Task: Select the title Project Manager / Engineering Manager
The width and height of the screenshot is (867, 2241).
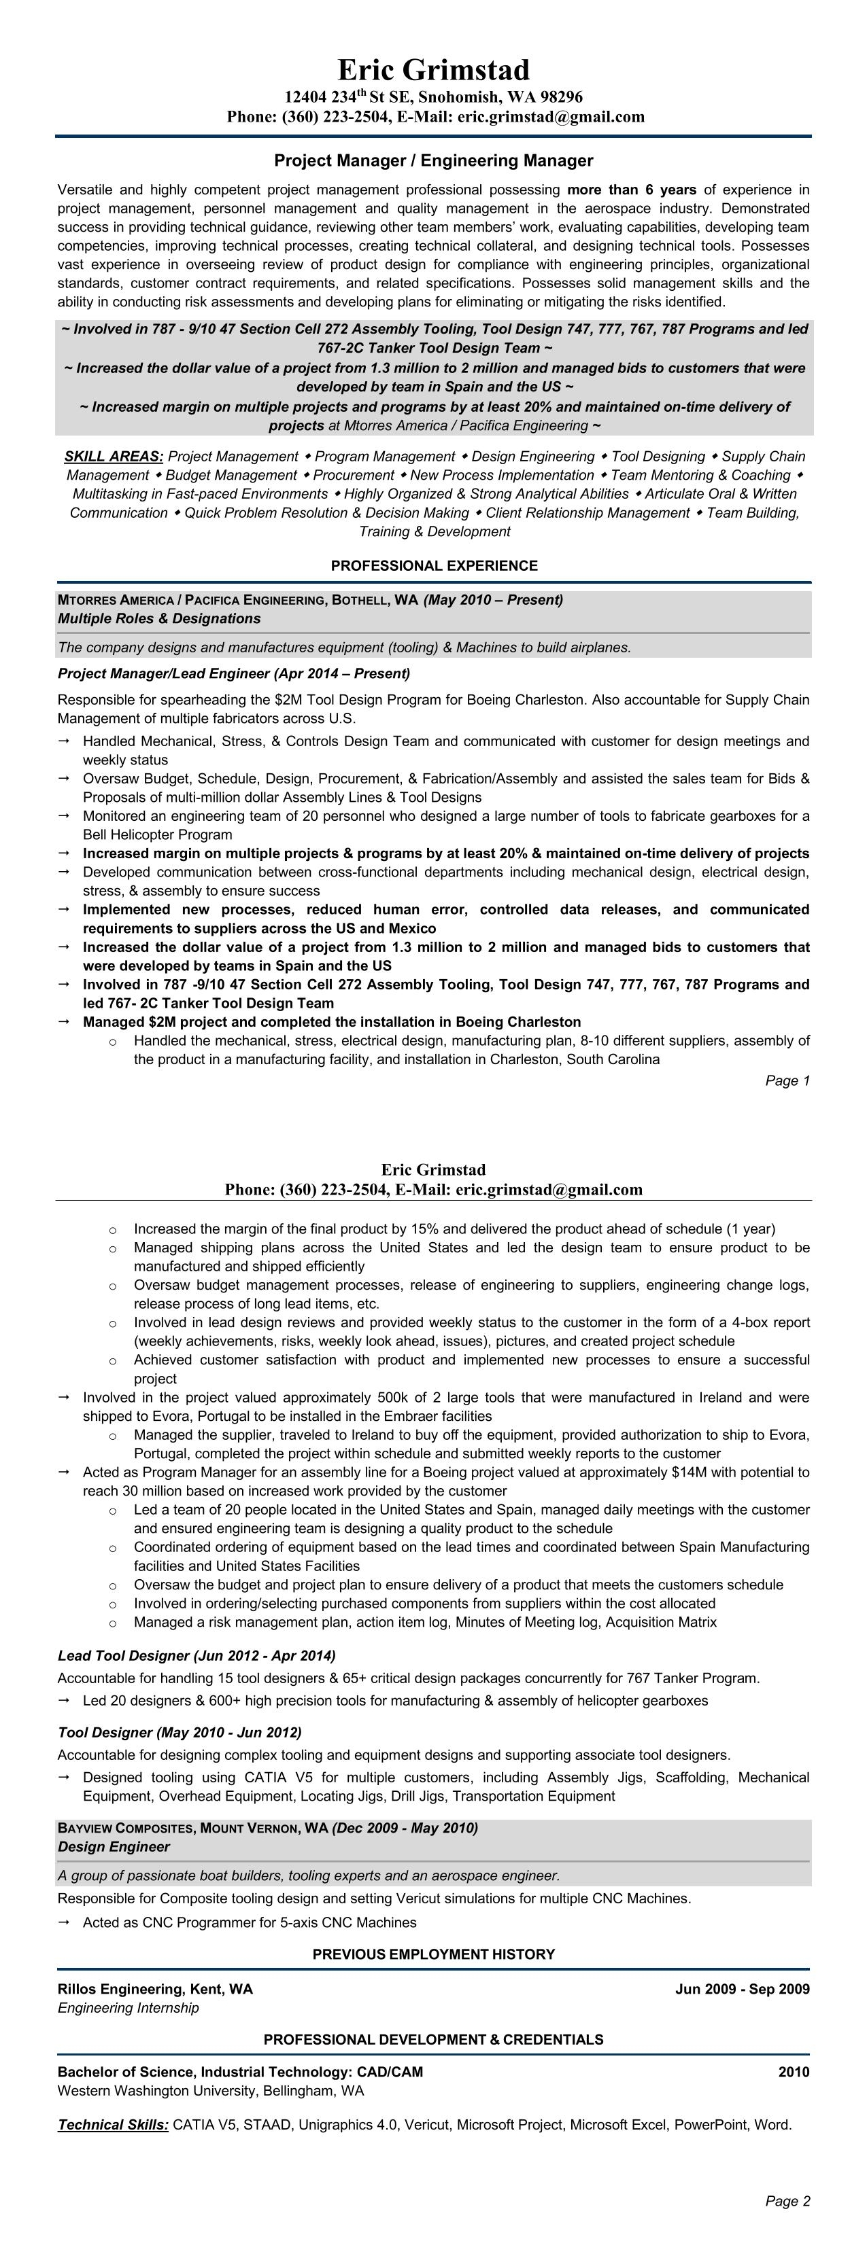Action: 434,160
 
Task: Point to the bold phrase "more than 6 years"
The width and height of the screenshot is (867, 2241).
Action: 631,190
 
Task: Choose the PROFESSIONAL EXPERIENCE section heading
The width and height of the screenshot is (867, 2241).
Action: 434,565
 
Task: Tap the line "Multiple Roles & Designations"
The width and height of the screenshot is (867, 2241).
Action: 159,618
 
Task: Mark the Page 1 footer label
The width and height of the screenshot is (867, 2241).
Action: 787,1080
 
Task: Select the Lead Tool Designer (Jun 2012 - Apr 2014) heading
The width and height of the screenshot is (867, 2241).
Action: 197,1655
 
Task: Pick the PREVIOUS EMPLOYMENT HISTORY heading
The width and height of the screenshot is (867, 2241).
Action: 434,1954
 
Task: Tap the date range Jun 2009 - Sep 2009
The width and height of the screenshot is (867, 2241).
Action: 742,1989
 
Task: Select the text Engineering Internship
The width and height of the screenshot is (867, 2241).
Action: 128,2008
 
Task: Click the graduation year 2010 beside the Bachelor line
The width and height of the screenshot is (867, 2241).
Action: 793,2072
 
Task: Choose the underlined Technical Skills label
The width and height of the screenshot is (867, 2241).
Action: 113,2124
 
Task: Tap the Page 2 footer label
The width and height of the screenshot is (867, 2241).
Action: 787,2201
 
